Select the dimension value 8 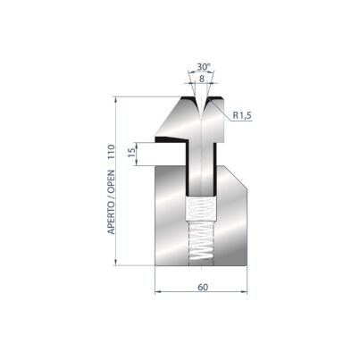click(x=202, y=79)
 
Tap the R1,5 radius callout click(x=242, y=115)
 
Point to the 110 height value click(x=111, y=153)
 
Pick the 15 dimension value click(x=131, y=154)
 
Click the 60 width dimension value click(x=203, y=288)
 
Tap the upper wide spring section click(x=201, y=208)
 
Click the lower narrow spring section click(x=201, y=242)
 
